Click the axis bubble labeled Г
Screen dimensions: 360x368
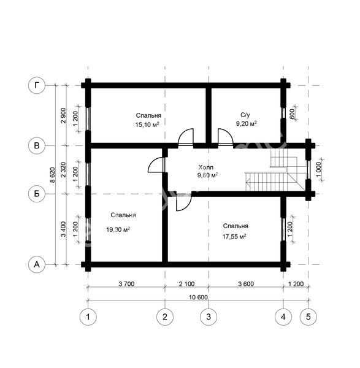[37, 85]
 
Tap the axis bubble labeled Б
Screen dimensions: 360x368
[37, 194]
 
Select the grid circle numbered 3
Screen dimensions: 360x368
[209, 317]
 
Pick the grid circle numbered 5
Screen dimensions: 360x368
[308, 317]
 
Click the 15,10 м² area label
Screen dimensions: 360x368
[147, 125]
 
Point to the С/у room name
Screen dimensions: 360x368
[245, 115]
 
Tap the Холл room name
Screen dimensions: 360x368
[206, 167]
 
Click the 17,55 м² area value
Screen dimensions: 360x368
[234, 237]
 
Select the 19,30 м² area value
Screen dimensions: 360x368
[118, 229]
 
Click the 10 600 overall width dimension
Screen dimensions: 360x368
[198, 297]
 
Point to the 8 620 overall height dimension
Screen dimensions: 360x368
[52, 175]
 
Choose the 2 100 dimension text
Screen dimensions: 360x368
[187, 284]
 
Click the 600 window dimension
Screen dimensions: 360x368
[292, 114]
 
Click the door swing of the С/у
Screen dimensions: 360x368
[225, 137]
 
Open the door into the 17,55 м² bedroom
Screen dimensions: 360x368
[184, 202]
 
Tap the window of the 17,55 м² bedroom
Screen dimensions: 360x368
[283, 229]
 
